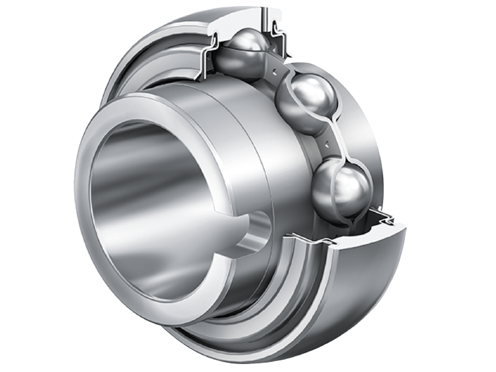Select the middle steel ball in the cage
(306, 101)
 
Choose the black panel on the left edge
(25, 186)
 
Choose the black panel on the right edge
(471, 186)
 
